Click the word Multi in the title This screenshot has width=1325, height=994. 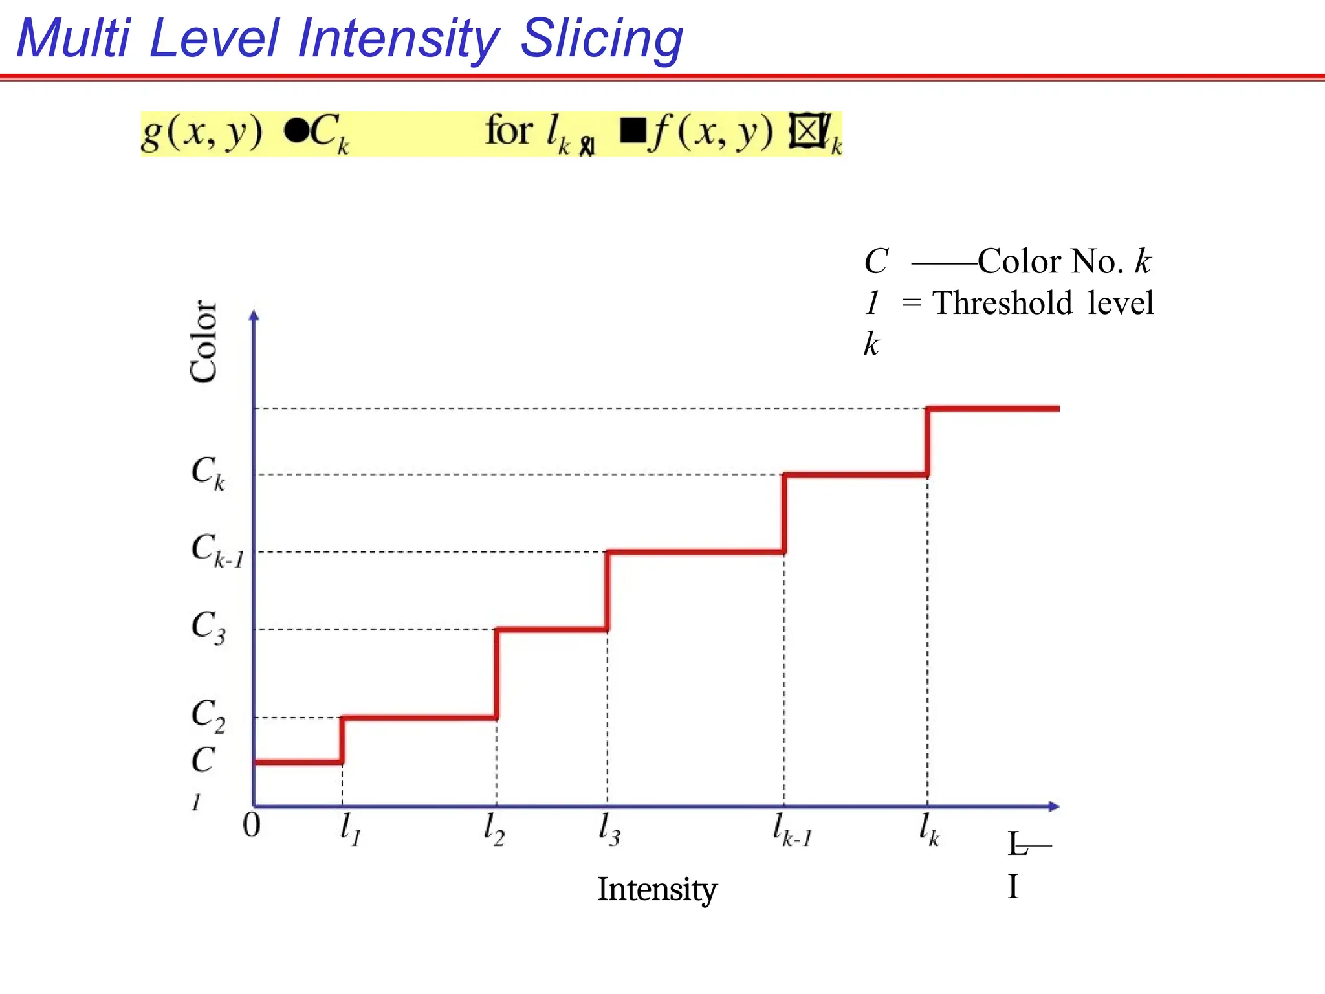(73, 38)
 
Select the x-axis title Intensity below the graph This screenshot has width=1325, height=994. (657, 889)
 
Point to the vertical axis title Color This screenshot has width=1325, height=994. (203, 341)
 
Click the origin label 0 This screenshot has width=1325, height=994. (251, 825)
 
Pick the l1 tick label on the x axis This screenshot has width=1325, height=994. (350, 829)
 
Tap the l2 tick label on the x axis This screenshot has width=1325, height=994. (494, 829)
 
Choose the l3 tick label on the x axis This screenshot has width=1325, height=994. (609, 829)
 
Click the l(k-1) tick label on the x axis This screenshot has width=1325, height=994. (792, 830)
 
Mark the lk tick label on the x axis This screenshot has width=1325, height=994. (929, 829)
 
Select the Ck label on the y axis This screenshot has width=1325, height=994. (208, 472)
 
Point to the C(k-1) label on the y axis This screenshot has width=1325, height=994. (217, 550)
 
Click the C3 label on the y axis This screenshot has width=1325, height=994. (208, 627)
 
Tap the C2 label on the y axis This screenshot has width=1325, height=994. (208, 716)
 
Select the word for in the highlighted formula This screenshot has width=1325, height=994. (509, 131)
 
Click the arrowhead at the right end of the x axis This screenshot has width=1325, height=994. (1054, 806)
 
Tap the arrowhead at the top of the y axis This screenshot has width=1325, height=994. (254, 315)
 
